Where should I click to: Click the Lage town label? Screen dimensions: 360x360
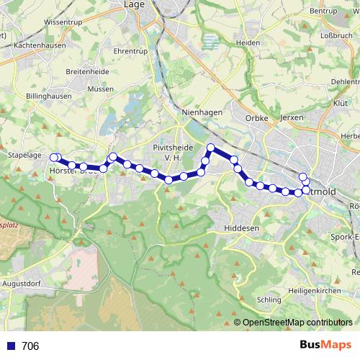point(135,4)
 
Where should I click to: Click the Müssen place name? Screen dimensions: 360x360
point(99,89)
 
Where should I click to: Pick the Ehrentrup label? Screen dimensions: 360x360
point(130,51)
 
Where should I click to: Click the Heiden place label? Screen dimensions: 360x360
point(247,43)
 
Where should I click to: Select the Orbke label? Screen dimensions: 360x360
point(256,117)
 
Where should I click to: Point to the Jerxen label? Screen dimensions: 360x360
point(291,117)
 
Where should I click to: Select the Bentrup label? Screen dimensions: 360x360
point(323,12)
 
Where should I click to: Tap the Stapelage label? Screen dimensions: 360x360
point(22,154)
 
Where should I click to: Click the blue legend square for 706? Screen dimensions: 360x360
point(10,346)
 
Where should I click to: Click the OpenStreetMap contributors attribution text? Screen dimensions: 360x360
point(297,323)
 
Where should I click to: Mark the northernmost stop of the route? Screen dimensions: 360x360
point(211,148)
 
